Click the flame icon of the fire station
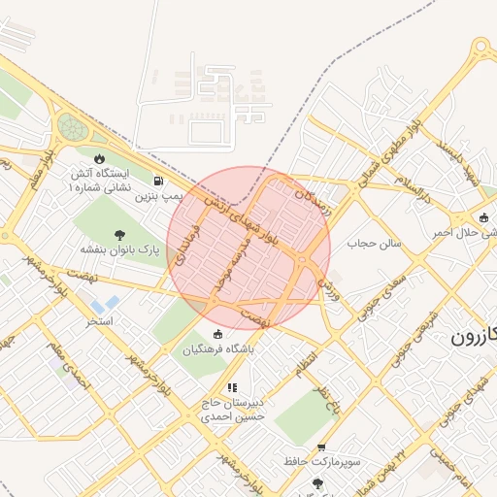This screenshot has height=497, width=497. [98, 158]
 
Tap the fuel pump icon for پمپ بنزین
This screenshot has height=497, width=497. [158, 181]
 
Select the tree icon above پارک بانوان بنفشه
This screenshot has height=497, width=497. [119, 234]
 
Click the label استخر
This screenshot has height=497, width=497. [100, 319]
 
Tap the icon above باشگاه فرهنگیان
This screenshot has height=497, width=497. [216, 335]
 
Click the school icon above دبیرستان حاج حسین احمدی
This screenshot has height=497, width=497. [231, 387]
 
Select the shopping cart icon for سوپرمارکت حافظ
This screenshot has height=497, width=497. [321, 447]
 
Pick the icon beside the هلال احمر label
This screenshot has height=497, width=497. [483, 216]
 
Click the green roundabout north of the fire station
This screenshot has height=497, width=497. [71, 126]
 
